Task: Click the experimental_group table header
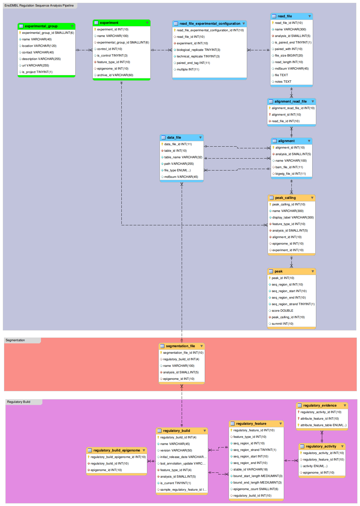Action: tap(41, 26)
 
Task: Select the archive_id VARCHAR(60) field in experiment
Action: tap(115, 75)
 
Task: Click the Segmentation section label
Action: tap(15, 340)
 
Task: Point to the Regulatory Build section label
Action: tap(19, 402)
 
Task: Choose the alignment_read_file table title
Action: tap(290, 101)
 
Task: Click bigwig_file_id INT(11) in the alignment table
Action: tap(290, 174)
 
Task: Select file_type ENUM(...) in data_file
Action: tap(177, 170)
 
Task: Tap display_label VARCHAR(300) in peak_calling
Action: tap(293, 218)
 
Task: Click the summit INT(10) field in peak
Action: tap(282, 324)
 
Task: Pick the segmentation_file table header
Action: tap(180, 346)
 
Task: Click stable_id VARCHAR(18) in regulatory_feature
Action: tap(250, 470)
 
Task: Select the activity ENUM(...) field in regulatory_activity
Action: tap(315, 466)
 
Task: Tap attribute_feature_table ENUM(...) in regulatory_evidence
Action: tap(323, 425)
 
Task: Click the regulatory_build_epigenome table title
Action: tap(117, 450)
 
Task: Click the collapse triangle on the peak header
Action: tap(313, 271)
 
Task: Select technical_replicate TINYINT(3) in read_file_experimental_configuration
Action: tap(198, 57)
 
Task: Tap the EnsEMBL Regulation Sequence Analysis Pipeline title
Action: tap(39, 6)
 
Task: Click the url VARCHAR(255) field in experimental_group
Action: tap(36, 66)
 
